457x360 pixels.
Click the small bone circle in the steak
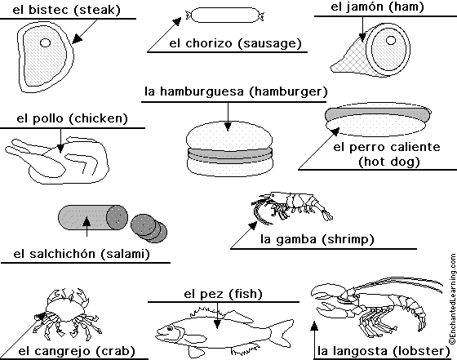pyautogui.click(x=45, y=42)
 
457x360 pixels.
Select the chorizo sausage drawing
pyautogui.click(x=225, y=15)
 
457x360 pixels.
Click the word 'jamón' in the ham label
pyautogui.click(x=362, y=7)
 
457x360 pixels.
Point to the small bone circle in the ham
pyautogui.click(x=391, y=40)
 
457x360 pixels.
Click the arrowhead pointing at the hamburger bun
pyautogui.click(x=228, y=127)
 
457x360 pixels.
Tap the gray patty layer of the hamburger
pyautogui.click(x=230, y=155)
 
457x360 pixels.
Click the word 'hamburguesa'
pyautogui.click(x=202, y=91)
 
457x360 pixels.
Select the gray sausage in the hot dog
pyautogui.click(x=378, y=113)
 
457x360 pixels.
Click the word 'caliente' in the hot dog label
pyautogui.click(x=415, y=147)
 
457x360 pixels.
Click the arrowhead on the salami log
pyautogui.click(x=87, y=221)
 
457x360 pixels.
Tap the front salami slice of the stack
pyautogui.click(x=142, y=224)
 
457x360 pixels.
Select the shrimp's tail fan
pyautogui.click(x=327, y=215)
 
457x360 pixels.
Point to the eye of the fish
pyautogui.click(x=170, y=328)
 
